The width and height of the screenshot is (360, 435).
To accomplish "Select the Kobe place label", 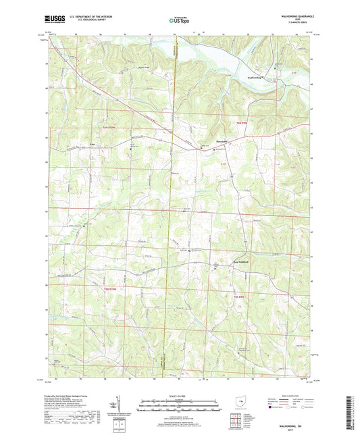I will (x=93, y=143).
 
